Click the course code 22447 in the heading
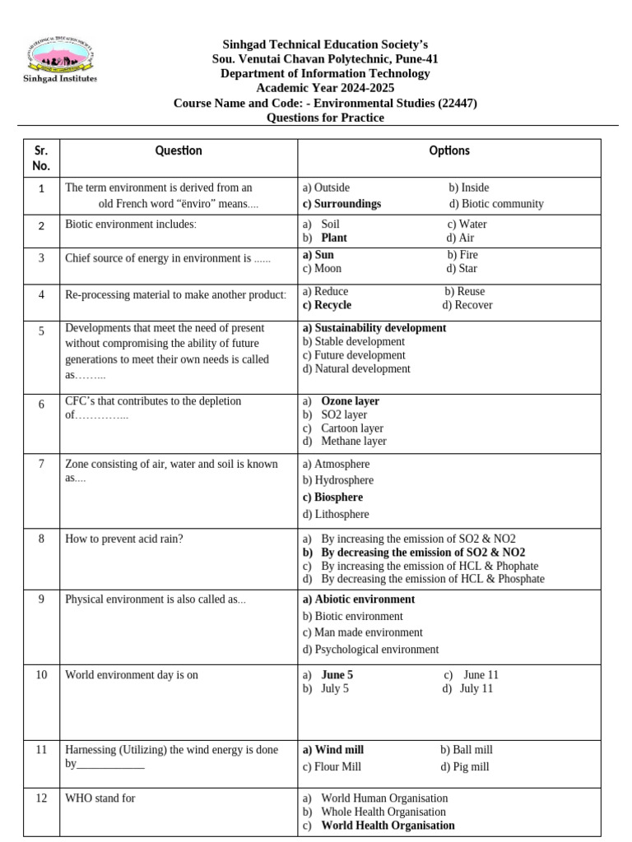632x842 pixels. pos(457,103)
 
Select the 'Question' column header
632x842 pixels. pos(179,150)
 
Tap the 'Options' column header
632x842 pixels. pos(449,150)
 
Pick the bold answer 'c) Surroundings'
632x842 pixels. pos(342,204)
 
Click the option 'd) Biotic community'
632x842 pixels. pos(496,204)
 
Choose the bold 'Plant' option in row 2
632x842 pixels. pos(334,238)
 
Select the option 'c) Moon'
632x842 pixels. pos(322,268)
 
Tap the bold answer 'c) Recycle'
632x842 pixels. pos(327,305)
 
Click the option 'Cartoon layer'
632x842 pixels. pos(352,428)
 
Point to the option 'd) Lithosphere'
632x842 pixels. pos(336,514)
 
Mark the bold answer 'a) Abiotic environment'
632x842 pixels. pos(359,599)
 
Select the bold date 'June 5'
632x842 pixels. pos(337,675)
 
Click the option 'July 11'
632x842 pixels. pos(476,688)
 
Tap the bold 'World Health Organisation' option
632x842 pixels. pos(388,825)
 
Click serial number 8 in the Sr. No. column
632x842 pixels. pos(41,539)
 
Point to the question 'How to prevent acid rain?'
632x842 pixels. pos(123,539)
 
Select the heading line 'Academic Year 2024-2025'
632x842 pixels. pos(325,88)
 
